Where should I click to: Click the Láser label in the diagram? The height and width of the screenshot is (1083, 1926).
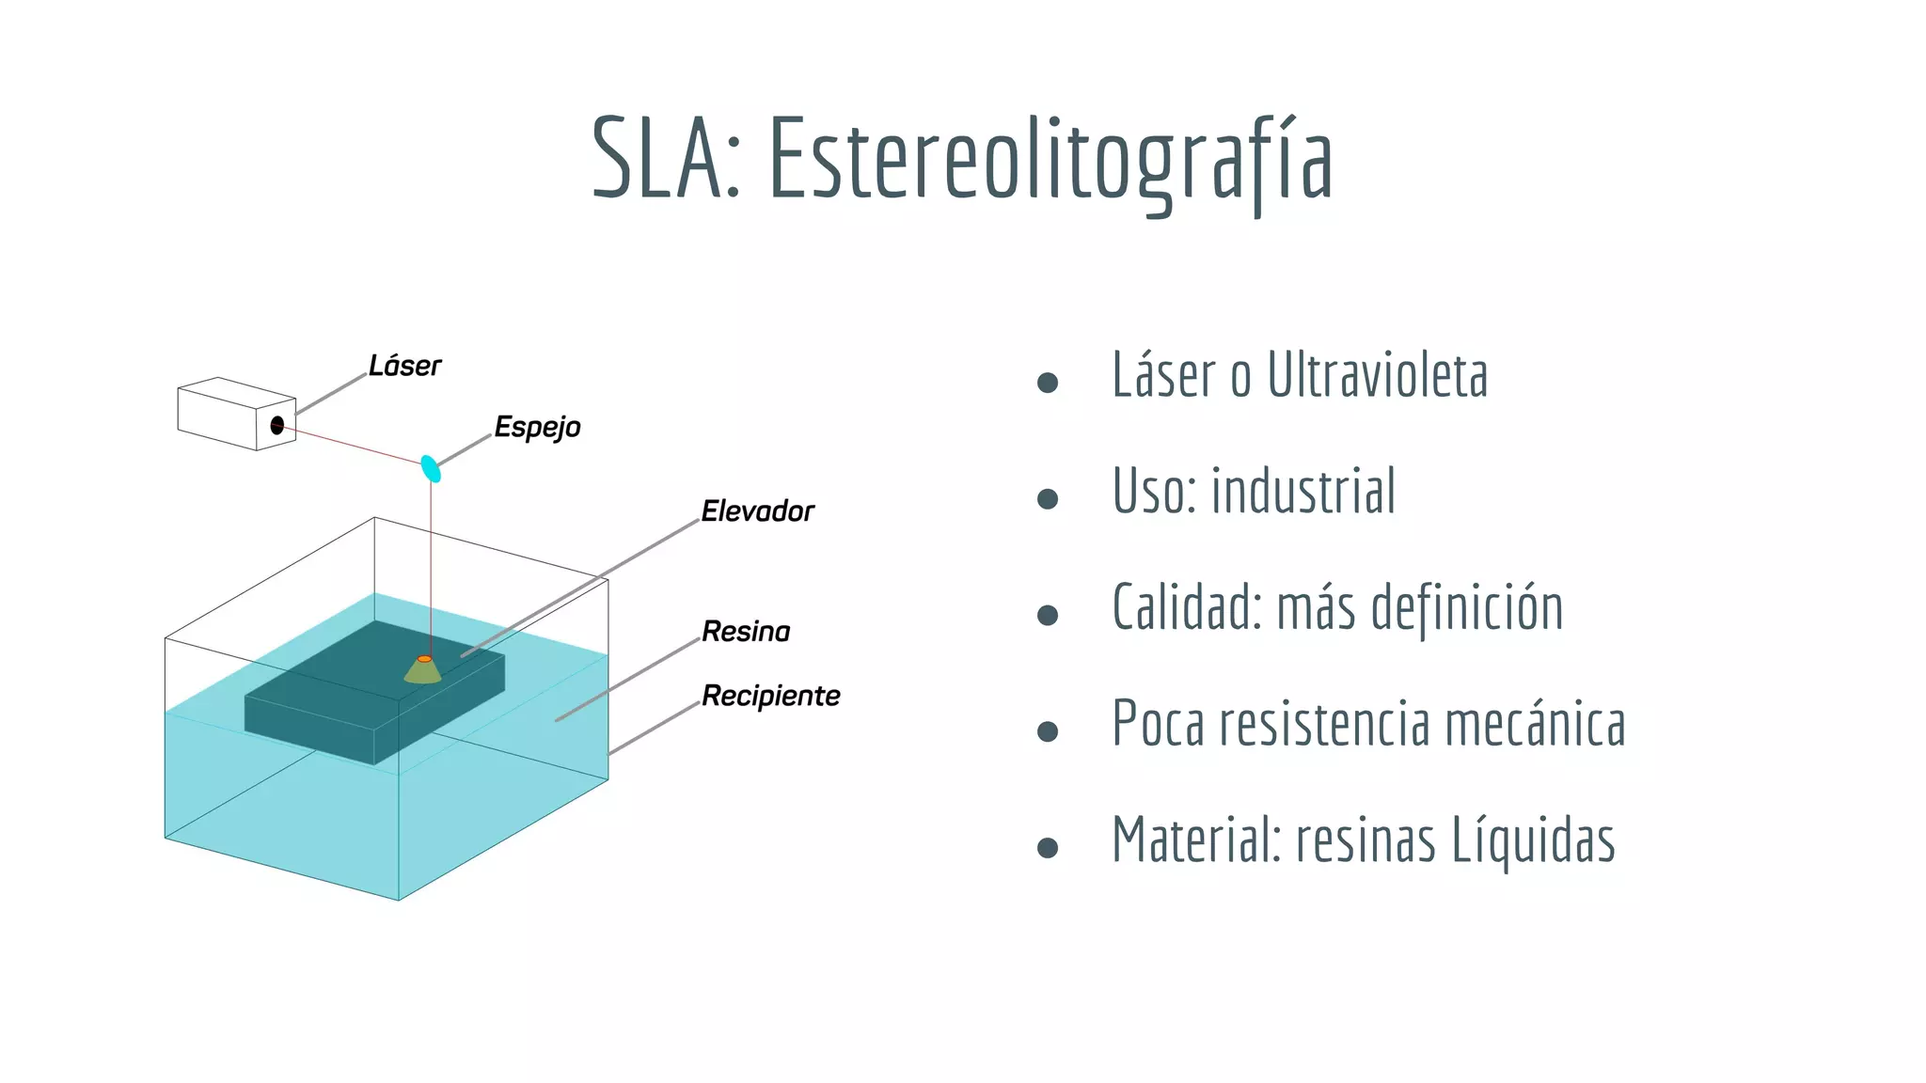pos(404,366)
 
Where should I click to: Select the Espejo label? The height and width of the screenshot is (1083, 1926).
pos(537,428)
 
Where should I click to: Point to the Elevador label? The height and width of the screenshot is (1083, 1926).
pos(757,511)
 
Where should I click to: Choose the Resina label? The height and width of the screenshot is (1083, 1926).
pos(746,632)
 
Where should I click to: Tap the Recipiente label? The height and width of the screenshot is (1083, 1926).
pos(770,697)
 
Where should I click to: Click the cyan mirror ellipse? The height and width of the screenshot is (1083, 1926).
pos(431,468)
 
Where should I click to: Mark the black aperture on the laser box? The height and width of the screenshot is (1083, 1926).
pos(277,425)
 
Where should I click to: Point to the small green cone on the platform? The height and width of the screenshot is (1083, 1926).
pos(423,670)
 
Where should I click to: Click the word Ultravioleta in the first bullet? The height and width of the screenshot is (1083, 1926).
pos(1377,375)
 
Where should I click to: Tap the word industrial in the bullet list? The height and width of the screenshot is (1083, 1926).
pos(1303,492)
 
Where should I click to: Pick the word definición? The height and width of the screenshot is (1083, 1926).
pos(1467,608)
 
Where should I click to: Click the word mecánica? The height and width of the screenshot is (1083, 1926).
pos(1535,725)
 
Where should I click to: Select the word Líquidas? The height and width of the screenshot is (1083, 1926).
pos(1533,840)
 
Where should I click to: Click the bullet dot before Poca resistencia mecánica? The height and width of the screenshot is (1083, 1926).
pos(1048,731)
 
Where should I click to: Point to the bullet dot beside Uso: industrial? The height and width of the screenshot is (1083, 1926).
pos(1048,499)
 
